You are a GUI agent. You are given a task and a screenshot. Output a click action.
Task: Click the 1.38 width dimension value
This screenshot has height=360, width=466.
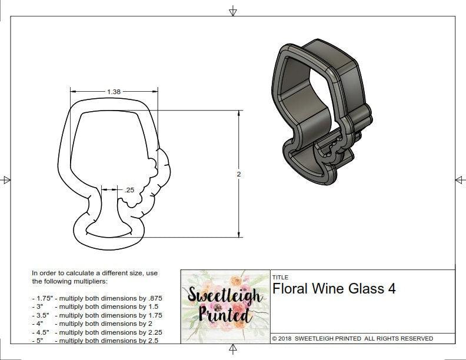point(114,92)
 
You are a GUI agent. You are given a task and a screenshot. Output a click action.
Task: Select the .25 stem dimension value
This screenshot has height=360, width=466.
point(129,190)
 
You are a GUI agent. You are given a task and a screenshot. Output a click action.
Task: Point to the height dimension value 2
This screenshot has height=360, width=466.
point(239,174)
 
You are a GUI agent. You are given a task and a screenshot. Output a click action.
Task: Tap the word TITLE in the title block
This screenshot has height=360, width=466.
point(279,277)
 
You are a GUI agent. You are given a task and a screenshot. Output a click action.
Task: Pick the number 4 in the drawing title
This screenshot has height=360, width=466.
point(391,288)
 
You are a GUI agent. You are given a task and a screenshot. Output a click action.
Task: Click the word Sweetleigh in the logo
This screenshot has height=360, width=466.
point(224,296)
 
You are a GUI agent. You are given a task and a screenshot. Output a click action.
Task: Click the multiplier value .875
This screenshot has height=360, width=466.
point(154,298)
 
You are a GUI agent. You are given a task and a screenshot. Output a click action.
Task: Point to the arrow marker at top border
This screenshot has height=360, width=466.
point(233,11)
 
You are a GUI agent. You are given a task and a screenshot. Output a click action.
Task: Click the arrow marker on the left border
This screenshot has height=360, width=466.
point(5,180)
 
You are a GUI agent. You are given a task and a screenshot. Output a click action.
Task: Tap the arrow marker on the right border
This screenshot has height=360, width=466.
point(460,180)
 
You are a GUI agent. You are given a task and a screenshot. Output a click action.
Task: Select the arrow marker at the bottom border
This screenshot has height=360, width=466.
point(233,350)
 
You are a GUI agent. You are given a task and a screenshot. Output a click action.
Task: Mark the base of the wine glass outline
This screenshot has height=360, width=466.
point(106,229)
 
